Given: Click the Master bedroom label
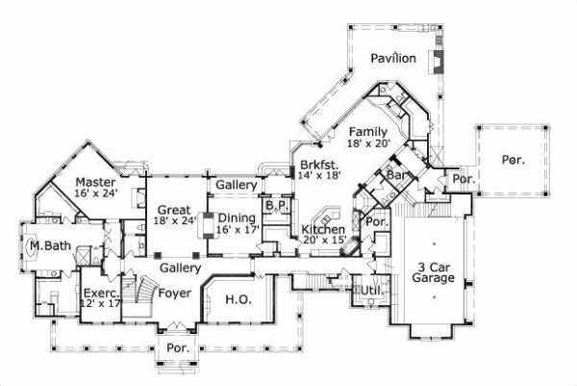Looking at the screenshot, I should pyautogui.click(x=96, y=182).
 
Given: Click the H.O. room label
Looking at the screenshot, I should pyautogui.click(x=238, y=300).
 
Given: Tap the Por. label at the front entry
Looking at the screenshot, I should pyautogui.click(x=177, y=347).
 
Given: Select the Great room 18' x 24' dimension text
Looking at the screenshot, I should pyautogui.click(x=174, y=219).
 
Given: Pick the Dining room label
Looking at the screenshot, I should pyautogui.click(x=236, y=218).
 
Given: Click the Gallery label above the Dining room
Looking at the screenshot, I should pyautogui.click(x=236, y=184).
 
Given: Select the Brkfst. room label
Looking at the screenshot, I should pyautogui.click(x=316, y=165).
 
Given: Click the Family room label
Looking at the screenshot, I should pyautogui.click(x=368, y=131).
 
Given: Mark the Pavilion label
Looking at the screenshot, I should pyautogui.click(x=394, y=59).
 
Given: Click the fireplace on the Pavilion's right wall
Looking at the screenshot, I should pyautogui.click(x=439, y=63).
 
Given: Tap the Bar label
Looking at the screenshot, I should pyautogui.click(x=393, y=176).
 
